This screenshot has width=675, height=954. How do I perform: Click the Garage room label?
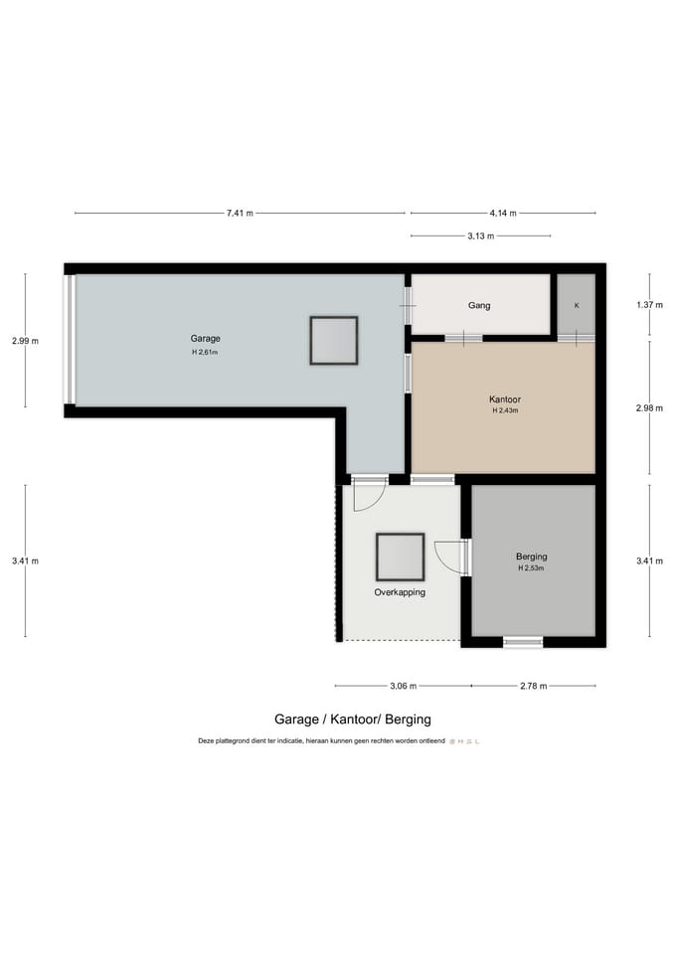[206, 339]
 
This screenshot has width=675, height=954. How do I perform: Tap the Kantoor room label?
[506, 399]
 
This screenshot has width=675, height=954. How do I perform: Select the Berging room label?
[532, 556]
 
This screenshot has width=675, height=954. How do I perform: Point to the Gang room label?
[479, 306]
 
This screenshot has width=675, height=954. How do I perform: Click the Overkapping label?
[400, 592]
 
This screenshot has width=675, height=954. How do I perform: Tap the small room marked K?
[577, 305]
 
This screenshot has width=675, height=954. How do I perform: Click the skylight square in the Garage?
[333, 341]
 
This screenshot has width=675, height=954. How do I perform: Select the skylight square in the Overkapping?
[400, 557]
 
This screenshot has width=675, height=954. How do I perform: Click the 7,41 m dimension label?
[240, 213]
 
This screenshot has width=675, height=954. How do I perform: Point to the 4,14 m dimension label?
[503, 213]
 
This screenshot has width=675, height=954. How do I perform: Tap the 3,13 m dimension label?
[480, 236]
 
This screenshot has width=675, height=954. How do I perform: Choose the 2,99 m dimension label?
[26, 341]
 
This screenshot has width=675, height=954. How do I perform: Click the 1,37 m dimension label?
[649, 305]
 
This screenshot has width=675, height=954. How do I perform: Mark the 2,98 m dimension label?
[649, 407]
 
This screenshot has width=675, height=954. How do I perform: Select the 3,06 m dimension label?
[403, 686]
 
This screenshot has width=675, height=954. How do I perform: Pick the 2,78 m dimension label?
[533, 686]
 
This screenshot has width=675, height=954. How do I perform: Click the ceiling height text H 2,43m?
[506, 411]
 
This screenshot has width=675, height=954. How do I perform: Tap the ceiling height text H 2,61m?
[206, 352]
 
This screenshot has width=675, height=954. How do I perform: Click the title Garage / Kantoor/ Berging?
[352, 718]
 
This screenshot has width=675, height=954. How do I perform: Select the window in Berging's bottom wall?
[523, 642]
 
